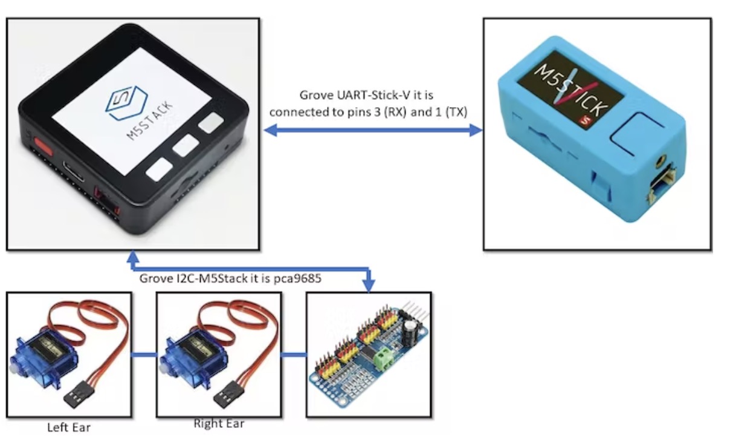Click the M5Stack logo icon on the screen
121,103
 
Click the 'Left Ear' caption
69,427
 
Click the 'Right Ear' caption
219,424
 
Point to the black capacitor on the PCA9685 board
411,330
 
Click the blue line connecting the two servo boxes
144,355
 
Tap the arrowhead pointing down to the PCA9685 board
369,284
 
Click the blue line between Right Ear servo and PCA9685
294,355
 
